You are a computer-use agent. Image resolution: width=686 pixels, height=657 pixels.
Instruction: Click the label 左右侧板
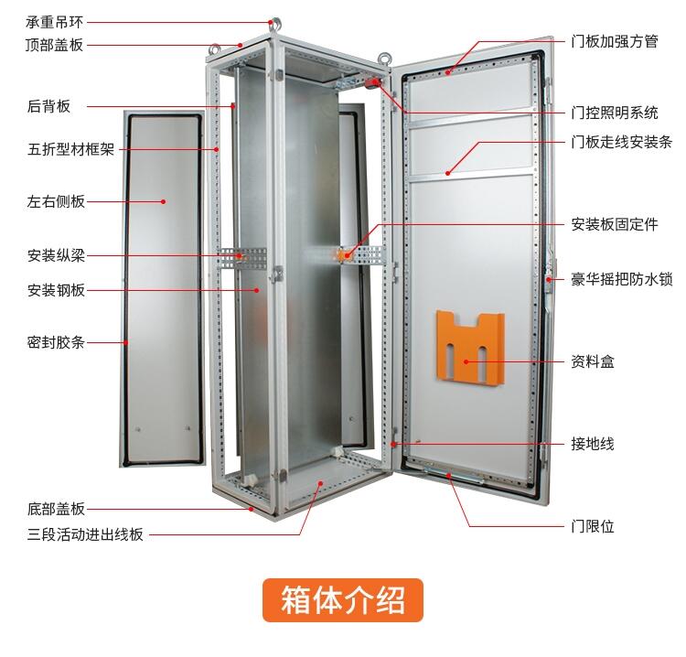point(57,201)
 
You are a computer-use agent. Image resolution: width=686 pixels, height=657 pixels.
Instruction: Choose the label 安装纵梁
point(57,256)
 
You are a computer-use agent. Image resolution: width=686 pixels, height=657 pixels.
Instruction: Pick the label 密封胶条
point(57,343)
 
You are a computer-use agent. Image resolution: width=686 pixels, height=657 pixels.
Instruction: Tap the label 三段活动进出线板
point(85,535)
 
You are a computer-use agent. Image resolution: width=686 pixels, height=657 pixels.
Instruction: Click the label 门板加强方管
point(614,41)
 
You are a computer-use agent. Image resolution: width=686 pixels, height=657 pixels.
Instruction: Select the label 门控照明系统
point(614,113)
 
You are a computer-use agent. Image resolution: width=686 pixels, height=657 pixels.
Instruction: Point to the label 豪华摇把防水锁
point(622,279)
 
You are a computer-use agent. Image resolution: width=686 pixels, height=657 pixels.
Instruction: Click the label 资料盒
point(593,362)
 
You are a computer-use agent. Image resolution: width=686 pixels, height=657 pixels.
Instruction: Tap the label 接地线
point(593,444)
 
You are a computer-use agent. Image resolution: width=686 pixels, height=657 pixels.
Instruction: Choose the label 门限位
point(593,526)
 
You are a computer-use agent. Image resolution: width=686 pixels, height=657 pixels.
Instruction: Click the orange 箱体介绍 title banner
point(343,600)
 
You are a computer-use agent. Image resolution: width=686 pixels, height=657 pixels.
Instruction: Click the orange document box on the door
point(470,348)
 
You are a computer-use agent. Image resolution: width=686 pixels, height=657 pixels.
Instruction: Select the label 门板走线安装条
point(621,142)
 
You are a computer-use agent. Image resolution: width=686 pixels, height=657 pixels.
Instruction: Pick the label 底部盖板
point(57,509)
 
